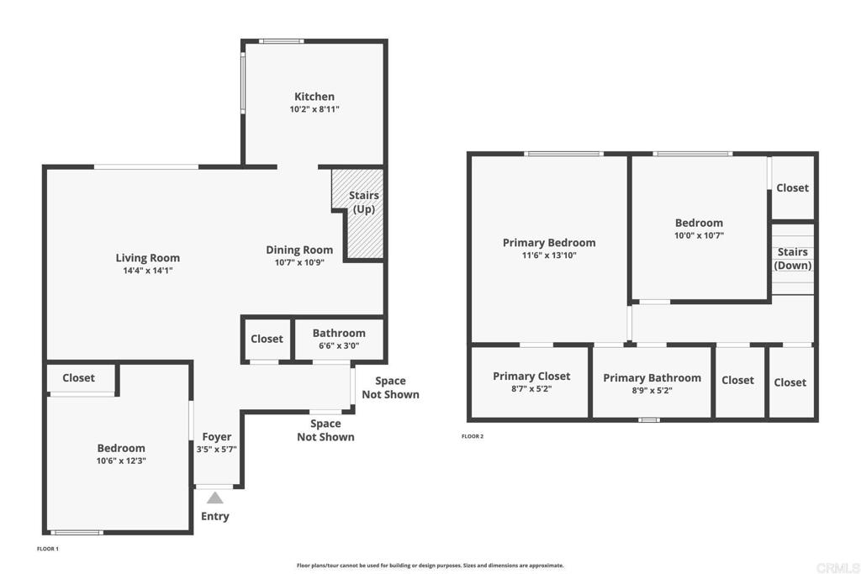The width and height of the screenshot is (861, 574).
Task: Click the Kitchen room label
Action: [x=314, y=97]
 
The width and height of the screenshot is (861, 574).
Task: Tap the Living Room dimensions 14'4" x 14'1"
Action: [x=148, y=271]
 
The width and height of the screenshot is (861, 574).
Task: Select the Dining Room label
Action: [x=299, y=250]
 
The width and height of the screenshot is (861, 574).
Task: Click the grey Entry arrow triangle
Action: [x=214, y=498]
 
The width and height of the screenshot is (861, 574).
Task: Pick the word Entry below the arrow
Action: [x=214, y=516]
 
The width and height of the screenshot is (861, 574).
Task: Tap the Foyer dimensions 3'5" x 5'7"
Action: [x=216, y=450]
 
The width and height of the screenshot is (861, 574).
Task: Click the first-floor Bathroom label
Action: [x=339, y=333]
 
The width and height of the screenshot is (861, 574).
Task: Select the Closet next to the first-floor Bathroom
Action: [x=267, y=340]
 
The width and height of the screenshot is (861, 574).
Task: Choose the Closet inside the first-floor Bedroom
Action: [x=78, y=377]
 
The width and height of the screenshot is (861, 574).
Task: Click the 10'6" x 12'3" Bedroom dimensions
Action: [x=121, y=461]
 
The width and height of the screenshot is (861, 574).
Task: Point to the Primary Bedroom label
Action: [x=549, y=243]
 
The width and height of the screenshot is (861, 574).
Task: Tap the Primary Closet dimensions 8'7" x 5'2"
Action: [x=531, y=389]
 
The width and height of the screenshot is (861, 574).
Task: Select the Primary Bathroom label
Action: [x=652, y=378]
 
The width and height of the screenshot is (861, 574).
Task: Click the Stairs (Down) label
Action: [x=793, y=259]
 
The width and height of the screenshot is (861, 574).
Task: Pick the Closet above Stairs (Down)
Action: [x=792, y=187]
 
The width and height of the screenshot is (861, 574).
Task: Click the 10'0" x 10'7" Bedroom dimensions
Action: [x=699, y=236]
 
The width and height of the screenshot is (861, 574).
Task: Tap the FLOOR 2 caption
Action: [x=473, y=436]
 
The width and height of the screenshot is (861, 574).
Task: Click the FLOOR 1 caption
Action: [x=47, y=549]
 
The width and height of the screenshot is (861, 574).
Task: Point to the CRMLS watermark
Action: [x=837, y=568]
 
